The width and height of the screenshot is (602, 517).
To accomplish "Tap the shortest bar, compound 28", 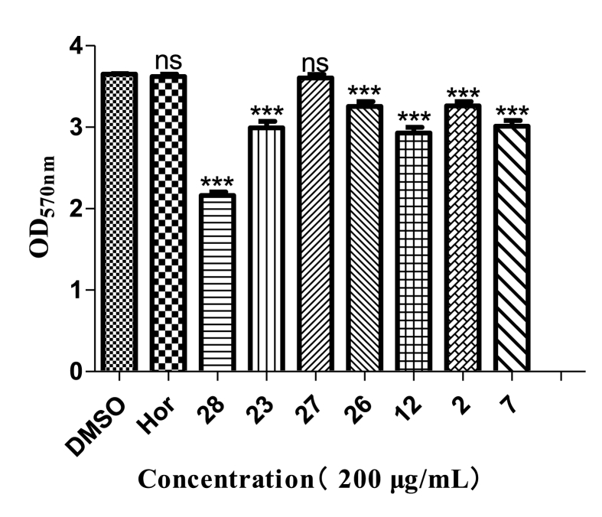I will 216,283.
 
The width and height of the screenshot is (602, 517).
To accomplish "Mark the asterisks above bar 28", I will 216,184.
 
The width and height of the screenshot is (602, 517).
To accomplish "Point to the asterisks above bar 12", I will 413,118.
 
